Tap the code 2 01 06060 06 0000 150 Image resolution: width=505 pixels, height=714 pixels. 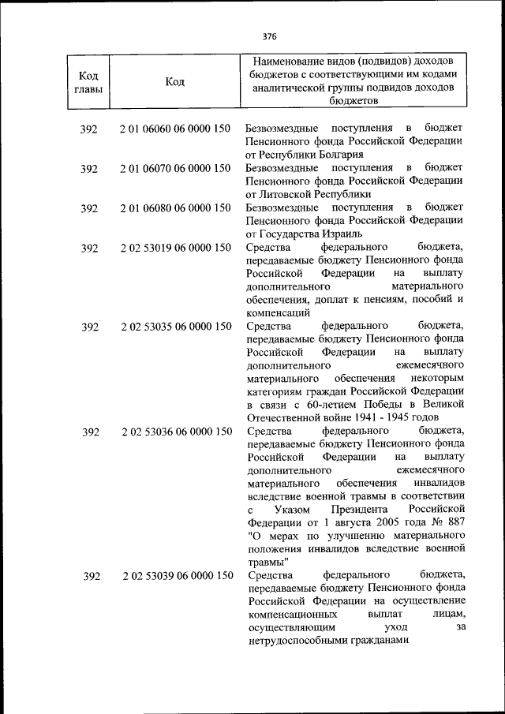click(x=175, y=127)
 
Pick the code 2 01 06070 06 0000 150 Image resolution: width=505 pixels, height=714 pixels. click(x=175, y=168)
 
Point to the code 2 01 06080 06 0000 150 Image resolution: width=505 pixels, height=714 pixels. click(x=175, y=208)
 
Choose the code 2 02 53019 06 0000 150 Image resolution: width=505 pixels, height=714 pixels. click(x=175, y=248)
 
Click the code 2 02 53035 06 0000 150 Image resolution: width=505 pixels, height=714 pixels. click(x=175, y=326)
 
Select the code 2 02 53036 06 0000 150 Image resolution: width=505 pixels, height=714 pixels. click(x=175, y=432)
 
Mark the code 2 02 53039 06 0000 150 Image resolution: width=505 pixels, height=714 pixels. click(x=178, y=576)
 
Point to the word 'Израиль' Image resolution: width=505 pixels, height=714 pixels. click(x=342, y=234)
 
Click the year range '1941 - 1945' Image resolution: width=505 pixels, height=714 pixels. click(x=374, y=417)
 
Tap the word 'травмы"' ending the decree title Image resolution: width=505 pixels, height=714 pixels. click(x=267, y=562)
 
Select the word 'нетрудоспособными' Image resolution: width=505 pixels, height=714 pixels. click(x=294, y=641)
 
